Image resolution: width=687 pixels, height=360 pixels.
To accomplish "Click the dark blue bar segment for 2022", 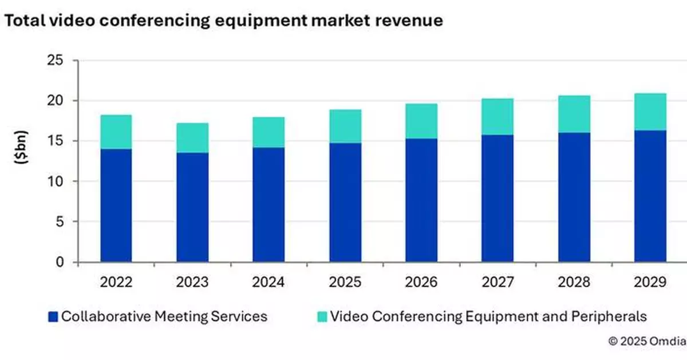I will coord(116,205).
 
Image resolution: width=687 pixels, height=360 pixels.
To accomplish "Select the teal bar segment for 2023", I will coord(192,138).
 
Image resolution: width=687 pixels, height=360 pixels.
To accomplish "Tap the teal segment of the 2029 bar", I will coord(650,112).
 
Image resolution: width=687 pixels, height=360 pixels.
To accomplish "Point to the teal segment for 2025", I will coord(345,126).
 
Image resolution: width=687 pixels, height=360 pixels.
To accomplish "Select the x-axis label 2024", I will coord(269,282).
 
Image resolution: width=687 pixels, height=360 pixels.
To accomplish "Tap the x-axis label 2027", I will coord(498,282).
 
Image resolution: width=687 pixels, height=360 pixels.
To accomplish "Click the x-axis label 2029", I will coord(650,282).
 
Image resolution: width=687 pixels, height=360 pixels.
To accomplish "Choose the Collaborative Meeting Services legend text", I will coord(164,317).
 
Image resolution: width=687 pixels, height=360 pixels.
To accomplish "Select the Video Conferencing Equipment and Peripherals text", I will coord(488,317).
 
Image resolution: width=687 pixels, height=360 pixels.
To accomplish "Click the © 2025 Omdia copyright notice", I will coord(646,341).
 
